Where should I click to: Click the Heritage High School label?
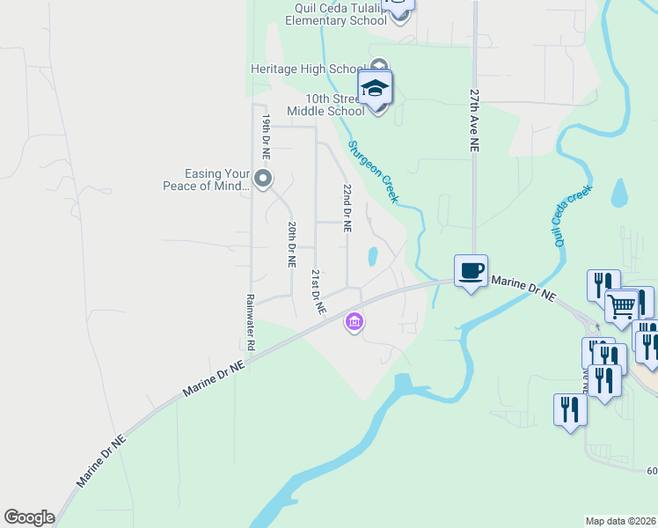pos(308,69)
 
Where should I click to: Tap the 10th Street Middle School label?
pos(325,105)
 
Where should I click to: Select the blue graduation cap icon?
pos(376,88)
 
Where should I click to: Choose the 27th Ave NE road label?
pos(475,118)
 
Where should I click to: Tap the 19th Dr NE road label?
pos(265,136)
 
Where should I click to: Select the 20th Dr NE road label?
pos(290,244)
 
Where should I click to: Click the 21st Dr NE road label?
pos(316,292)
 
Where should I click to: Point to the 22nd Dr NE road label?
pos(347,208)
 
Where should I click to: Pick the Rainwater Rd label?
pos(250,322)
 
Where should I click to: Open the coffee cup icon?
pos(471,269)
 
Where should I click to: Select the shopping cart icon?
pos(622,305)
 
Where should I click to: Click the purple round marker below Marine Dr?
pos(355,323)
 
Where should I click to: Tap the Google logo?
pos(29,517)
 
